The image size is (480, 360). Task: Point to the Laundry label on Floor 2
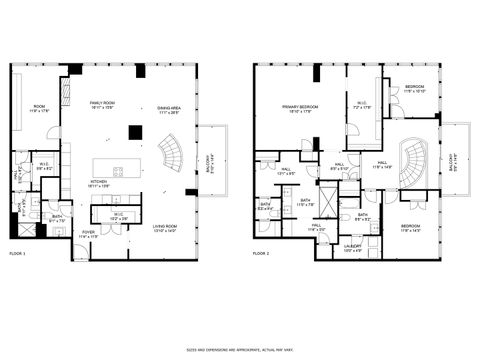353,246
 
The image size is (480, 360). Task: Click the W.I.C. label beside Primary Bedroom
362,103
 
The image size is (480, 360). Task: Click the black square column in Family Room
134,130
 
